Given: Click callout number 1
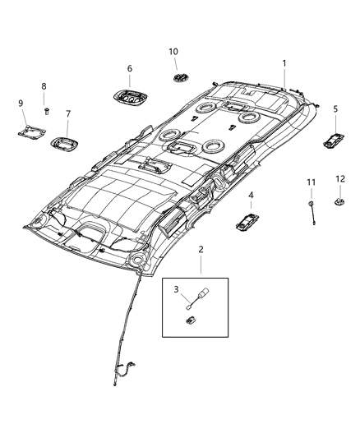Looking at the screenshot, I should [x=284, y=63].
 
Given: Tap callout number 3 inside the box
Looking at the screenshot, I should [x=174, y=289].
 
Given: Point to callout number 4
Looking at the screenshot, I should [x=251, y=196].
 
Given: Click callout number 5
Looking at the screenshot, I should [x=335, y=109].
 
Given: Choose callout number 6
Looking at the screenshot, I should [x=129, y=68].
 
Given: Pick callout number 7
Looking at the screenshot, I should [x=68, y=114].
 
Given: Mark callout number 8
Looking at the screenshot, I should [x=44, y=85].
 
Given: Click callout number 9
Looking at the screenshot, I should [x=21, y=103].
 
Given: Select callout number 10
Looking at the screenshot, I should [x=173, y=52].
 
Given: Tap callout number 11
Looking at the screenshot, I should [x=311, y=182].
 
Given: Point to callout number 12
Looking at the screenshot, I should [x=339, y=178].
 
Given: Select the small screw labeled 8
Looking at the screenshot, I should [x=48, y=109].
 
